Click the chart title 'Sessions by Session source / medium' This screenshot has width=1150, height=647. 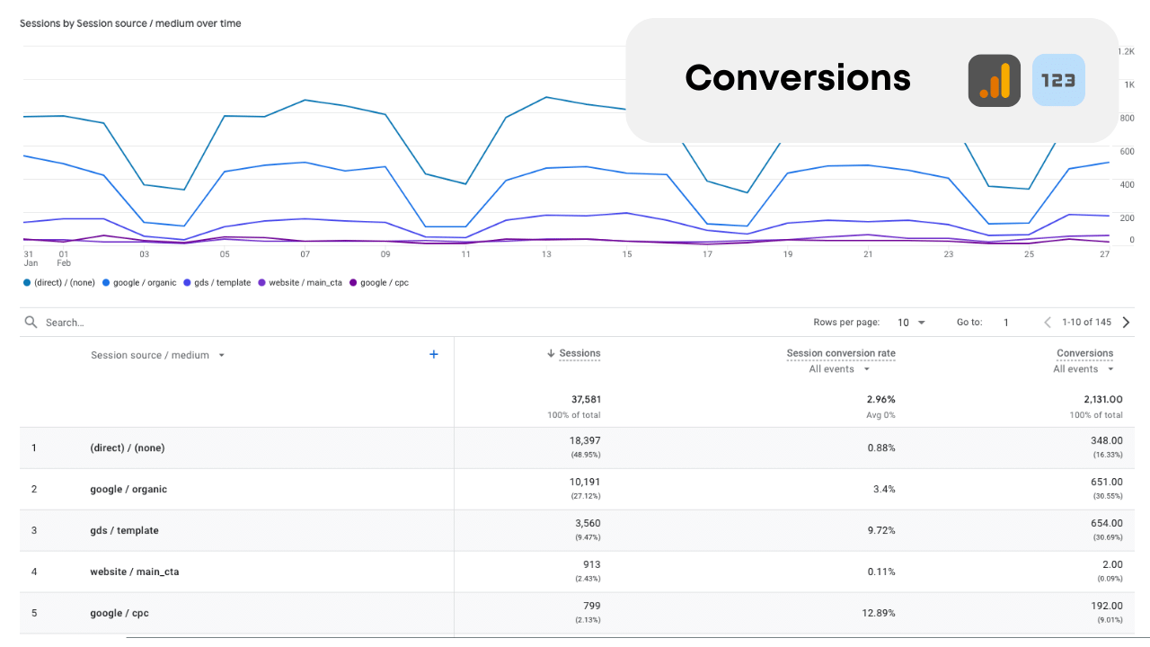pos(130,23)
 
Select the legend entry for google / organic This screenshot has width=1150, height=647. pos(144,283)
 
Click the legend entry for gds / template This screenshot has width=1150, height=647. pos(222,283)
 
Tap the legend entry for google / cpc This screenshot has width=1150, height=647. pos(384,283)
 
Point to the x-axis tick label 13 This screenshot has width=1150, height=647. pos(546,254)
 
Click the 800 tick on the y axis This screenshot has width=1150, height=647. pos(1126,118)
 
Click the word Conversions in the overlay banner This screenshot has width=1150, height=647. pos(798,78)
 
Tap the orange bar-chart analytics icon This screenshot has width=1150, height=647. pos(994,81)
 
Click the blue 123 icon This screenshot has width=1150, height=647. pos(1058,81)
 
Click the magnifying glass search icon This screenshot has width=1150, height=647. pos(31,323)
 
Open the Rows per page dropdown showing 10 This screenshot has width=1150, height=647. pos(911,323)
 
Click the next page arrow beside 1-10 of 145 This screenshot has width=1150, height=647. pos(1126,323)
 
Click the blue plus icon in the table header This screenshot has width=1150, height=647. pos(434,355)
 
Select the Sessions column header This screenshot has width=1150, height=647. pos(579,353)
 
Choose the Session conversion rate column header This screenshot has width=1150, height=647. pos(841,353)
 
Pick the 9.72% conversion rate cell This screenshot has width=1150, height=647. pos(880,531)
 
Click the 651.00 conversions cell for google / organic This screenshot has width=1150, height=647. pos(1104,483)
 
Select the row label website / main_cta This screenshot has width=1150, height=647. pos(134,572)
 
